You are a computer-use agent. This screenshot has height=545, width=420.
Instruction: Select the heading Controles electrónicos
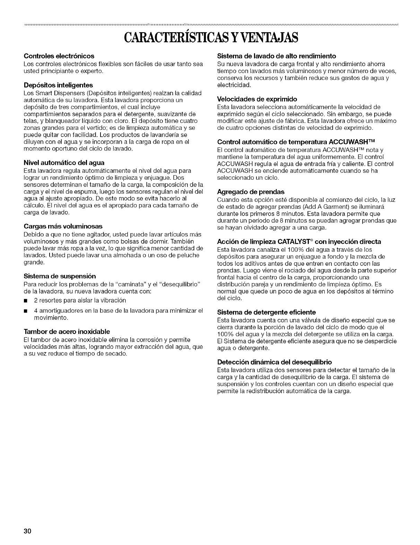pyautogui.click(x=59, y=56)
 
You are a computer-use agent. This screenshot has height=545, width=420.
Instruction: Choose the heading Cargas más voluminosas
pyautogui.click(x=63, y=226)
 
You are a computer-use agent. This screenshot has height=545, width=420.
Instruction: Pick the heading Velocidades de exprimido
pyautogui.click(x=257, y=99)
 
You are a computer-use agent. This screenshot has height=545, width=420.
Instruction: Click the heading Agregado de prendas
pyautogui.click(x=251, y=192)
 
